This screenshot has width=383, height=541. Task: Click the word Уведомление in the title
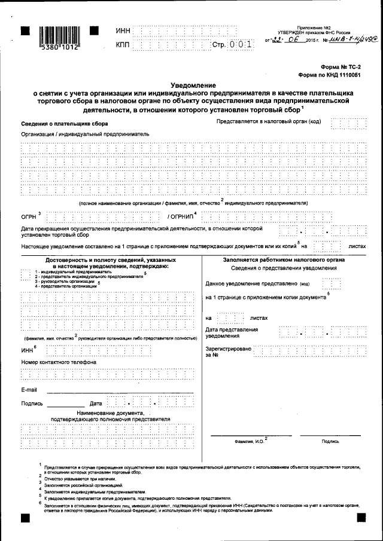[192, 85]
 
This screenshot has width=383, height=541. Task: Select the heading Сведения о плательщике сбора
[57, 123]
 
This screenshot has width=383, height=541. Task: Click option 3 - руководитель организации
[66, 282]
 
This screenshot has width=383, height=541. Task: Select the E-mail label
[29, 390]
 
